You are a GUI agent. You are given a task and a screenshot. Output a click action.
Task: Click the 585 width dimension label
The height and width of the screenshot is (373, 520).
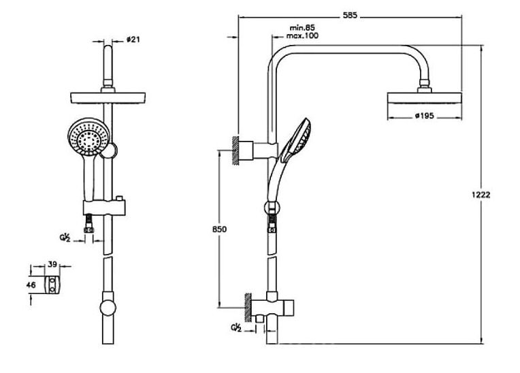pos(350,14)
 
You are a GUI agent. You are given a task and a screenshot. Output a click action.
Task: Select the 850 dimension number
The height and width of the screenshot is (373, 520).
pos(219,229)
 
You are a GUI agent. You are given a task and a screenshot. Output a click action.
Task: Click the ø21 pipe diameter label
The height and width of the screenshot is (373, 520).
pos(134,39)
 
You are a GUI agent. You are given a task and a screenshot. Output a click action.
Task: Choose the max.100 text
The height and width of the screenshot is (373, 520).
pos(302,35)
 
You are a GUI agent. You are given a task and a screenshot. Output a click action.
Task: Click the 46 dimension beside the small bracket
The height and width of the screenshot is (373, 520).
pos(31,286)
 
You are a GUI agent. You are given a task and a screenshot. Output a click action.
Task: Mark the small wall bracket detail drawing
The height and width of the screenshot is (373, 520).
pos(54,286)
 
